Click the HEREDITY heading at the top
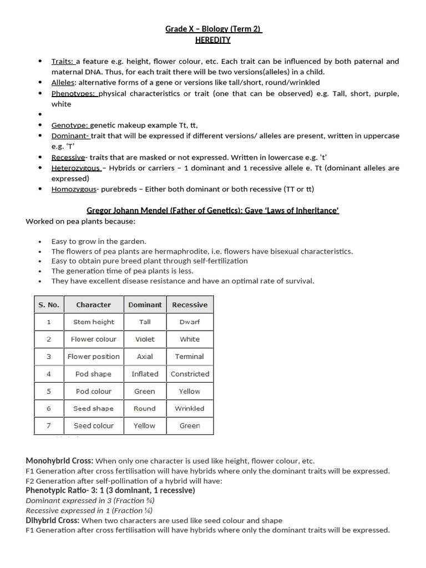[213, 40]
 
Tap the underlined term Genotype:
[70, 125]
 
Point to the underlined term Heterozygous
[76, 168]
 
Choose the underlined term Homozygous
[74, 189]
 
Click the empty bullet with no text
[40, 115]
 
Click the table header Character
[93, 305]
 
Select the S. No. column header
[48, 305]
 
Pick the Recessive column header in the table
[190, 305]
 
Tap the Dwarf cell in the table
[190, 322]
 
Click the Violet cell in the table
[145, 339]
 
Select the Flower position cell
[93, 357]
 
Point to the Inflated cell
[145, 374]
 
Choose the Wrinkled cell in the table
[190, 408]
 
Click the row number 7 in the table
[48, 425]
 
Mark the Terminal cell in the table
[190, 357]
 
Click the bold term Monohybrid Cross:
[60, 460]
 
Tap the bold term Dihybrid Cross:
[53, 520]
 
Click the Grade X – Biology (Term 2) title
[213, 29]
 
